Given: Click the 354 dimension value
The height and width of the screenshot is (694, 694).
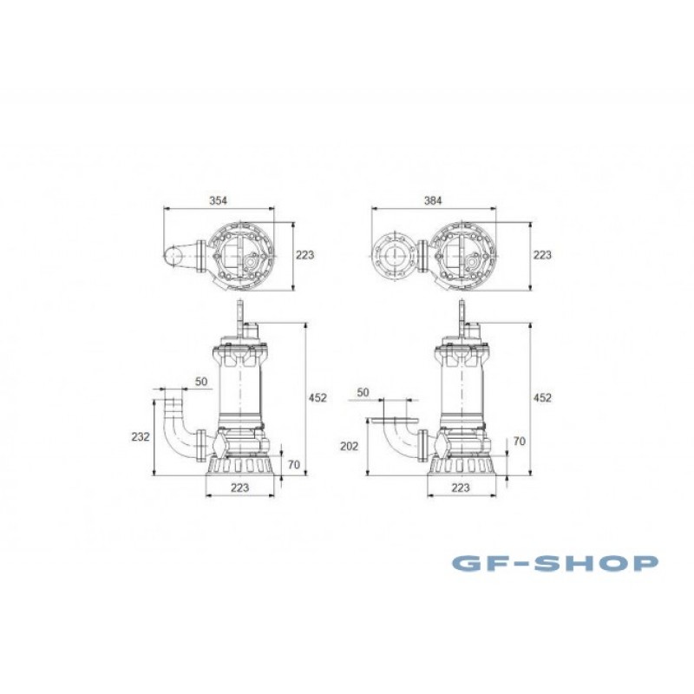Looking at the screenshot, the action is pyautogui.click(x=219, y=200).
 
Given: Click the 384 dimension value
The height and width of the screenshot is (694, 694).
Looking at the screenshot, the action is pyautogui.click(x=433, y=200).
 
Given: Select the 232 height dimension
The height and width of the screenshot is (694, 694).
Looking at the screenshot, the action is pyautogui.click(x=141, y=437).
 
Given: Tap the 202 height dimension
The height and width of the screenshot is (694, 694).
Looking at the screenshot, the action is pyautogui.click(x=350, y=447).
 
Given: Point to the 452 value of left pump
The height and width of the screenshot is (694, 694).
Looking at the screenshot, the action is pyautogui.click(x=318, y=398).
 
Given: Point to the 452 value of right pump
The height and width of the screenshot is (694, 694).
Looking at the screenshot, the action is pyautogui.click(x=542, y=398).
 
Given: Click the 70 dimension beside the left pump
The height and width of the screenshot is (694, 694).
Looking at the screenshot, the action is pyautogui.click(x=294, y=465).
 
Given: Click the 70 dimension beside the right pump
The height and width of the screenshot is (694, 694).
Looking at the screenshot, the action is pyautogui.click(x=519, y=442).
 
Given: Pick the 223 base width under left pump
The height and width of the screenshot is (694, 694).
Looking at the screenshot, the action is pyautogui.click(x=240, y=488).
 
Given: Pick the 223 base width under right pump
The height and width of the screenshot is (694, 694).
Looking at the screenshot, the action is pyautogui.click(x=461, y=488).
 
